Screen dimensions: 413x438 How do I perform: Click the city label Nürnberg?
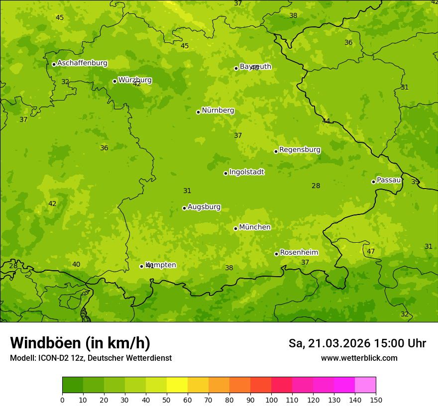click(218, 110)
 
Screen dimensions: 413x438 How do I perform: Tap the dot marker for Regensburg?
click(276, 151)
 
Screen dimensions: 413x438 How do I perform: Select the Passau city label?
click(388, 180)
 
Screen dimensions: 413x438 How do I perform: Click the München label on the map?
click(255, 227)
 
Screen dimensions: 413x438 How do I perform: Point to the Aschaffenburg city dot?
click(54, 64)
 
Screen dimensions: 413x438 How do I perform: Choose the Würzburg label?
click(135, 80)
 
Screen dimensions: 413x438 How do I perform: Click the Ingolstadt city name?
click(246, 172)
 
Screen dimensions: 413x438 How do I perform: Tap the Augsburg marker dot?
click(184, 208)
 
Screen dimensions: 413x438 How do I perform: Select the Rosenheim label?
click(299, 253)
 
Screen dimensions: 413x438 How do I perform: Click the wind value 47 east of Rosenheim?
click(371, 251)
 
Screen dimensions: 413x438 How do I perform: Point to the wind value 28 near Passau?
click(316, 186)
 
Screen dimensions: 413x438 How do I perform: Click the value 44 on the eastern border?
click(326, 121)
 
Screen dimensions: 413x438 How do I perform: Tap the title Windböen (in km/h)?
click(80, 343)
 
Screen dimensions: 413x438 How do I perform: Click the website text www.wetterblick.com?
click(359, 358)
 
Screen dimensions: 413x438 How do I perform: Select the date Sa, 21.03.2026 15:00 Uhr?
click(357, 343)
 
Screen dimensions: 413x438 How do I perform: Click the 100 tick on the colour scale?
click(271, 399)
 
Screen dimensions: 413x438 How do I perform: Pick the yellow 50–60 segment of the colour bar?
click(177, 385)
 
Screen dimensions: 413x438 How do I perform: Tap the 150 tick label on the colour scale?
click(376, 399)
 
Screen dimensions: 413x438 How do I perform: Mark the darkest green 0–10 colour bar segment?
click(73, 385)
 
